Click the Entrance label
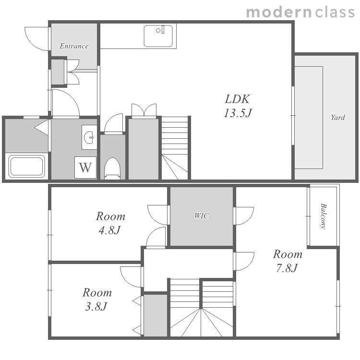click(74, 46)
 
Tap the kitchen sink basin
click(158, 36)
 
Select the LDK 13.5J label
click(238, 106)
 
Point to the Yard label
click(338, 118)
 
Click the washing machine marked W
click(85, 168)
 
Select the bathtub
click(26, 166)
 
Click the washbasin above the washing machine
click(89, 137)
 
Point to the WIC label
click(201, 216)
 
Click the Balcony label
click(323, 216)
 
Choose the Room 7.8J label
click(287, 261)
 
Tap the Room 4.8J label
click(110, 223)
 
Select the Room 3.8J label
click(97, 299)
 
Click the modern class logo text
click(300, 12)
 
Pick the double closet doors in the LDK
click(144, 110)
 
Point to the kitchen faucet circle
click(158, 31)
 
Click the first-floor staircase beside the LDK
click(175, 148)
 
